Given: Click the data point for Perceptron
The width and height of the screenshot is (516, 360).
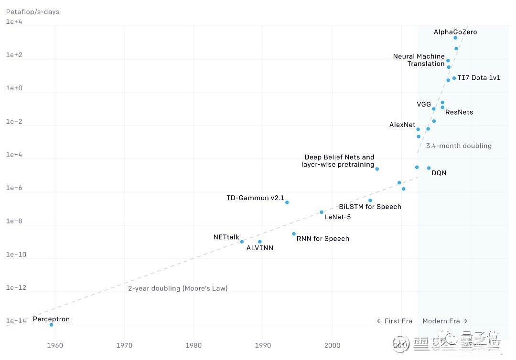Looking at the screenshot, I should (51, 325).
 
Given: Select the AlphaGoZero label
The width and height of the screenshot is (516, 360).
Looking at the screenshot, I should (455, 32).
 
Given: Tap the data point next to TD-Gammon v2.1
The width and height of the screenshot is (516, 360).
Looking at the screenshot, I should (287, 202).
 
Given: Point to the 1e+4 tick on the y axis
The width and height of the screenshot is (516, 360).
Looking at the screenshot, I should (14, 22).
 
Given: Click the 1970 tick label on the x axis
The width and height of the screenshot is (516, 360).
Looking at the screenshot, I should (124, 345).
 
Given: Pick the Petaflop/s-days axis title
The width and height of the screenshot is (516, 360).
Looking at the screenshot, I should (32, 11).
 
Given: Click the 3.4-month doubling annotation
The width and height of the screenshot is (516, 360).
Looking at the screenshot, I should (459, 146).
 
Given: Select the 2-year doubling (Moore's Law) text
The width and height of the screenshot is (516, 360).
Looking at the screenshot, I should (178, 288).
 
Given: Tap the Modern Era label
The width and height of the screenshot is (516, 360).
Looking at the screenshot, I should (445, 321).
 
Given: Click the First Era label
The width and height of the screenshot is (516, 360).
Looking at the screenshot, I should (394, 321).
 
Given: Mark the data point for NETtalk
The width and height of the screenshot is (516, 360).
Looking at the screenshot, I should (242, 242).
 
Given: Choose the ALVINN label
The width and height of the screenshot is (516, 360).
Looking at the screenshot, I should (260, 248).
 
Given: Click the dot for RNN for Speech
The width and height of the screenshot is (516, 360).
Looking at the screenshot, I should (294, 234).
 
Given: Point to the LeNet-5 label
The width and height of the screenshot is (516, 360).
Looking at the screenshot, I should (337, 217).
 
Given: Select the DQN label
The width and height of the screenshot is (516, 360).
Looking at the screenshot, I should (439, 173).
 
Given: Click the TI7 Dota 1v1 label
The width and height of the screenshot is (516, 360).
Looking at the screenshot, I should (479, 78).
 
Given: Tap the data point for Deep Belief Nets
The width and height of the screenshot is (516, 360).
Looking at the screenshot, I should (377, 169).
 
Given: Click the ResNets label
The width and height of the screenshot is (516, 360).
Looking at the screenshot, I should (459, 112).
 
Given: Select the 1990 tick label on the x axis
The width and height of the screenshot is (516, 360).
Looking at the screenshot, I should (263, 345).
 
